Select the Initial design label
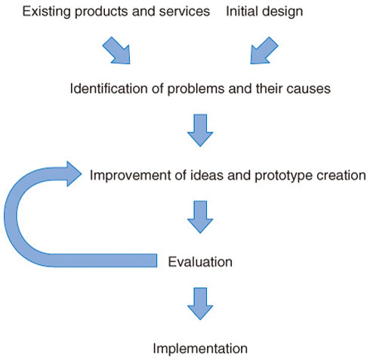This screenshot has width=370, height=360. tap(264, 12)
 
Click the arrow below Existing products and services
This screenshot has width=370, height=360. tap(116, 51)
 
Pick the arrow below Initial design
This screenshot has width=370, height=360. tap(264, 51)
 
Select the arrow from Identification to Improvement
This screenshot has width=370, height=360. tap(200, 131)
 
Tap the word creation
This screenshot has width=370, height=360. tap(341, 175)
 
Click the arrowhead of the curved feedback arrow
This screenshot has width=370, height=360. tap(74, 174)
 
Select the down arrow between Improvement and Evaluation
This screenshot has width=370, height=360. tap(200, 217)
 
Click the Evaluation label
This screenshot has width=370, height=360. tap(200, 262)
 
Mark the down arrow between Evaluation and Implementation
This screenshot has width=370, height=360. tap(200, 303)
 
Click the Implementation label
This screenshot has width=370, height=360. tap(200, 349)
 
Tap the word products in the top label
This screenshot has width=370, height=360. tap(102, 12)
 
